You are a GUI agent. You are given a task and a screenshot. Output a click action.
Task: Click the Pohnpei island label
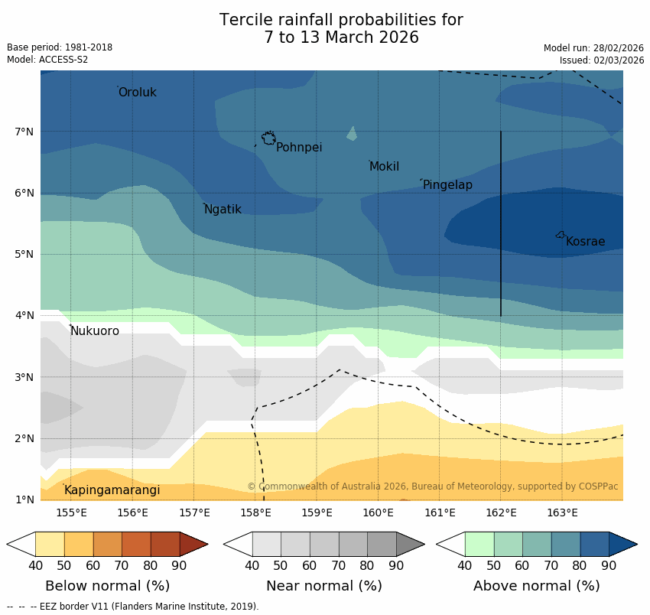click(298, 148)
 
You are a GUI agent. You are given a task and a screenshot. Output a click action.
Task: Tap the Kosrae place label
click(585, 242)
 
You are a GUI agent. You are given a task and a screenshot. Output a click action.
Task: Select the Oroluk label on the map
click(137, 93)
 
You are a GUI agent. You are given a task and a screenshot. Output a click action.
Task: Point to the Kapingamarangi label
click(112, 490)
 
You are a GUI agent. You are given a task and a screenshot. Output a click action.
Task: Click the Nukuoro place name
click(95, 331)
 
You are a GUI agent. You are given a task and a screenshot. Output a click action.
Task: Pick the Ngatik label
click(223, 210)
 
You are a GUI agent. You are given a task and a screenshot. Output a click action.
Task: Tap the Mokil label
click(384, 167)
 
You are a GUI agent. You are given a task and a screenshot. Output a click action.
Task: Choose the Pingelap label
click(447, 185)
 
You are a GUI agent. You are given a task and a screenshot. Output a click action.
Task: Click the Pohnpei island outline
click(268, 138)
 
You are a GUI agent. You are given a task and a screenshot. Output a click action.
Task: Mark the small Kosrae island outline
click(561, 235)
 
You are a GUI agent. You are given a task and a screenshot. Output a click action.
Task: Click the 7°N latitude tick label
click(24, 132)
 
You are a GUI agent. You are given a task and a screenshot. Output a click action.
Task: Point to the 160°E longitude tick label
click(378, 512)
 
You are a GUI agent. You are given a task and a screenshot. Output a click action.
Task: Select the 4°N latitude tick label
click(24, 315)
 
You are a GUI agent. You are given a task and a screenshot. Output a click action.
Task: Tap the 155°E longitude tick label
click(71, 512)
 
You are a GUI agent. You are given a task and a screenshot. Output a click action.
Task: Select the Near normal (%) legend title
click(323, 586)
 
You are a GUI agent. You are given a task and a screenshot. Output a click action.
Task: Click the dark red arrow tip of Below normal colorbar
click(194, 544)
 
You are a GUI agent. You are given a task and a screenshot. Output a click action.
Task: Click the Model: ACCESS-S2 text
click(47, 60)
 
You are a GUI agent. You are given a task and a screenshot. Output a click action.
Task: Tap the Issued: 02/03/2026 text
click(601, 60)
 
